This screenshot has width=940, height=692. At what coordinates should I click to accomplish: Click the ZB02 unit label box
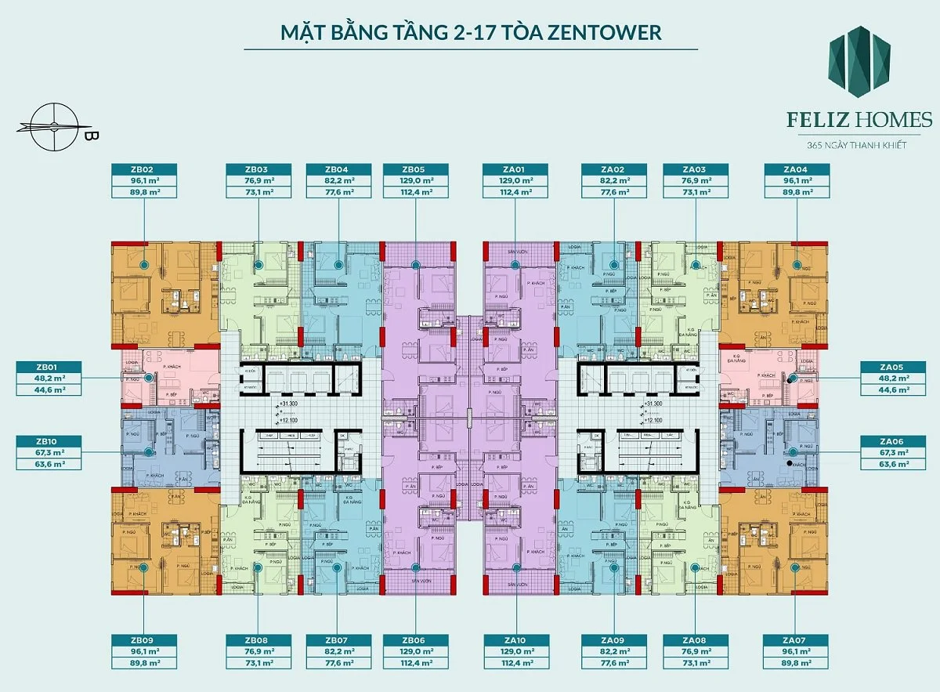tap(143, 169)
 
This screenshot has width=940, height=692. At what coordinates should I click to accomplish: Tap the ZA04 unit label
tap(797, 169)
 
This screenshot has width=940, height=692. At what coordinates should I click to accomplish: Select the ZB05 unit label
tap(416, 169)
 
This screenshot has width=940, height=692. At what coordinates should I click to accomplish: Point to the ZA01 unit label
tap(515, 169)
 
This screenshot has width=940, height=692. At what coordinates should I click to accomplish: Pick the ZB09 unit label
tap(143, 639)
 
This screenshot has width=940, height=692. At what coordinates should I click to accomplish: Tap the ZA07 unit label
tap(795, 639)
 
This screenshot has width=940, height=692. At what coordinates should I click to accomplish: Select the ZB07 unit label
tap(338, 639)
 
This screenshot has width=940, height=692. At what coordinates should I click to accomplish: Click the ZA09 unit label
tap(613, 639)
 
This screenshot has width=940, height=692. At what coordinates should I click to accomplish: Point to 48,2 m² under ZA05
tap(892, 377)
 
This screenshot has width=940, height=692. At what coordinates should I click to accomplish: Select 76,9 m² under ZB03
tap(258, 180)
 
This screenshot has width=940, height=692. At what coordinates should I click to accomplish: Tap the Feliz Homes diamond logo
tap(859, 61)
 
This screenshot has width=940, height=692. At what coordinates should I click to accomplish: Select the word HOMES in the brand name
tap(895, 120)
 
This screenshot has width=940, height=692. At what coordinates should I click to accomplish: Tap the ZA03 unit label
tap(695, 169)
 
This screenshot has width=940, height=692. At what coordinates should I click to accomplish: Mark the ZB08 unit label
tap(258, 639)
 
